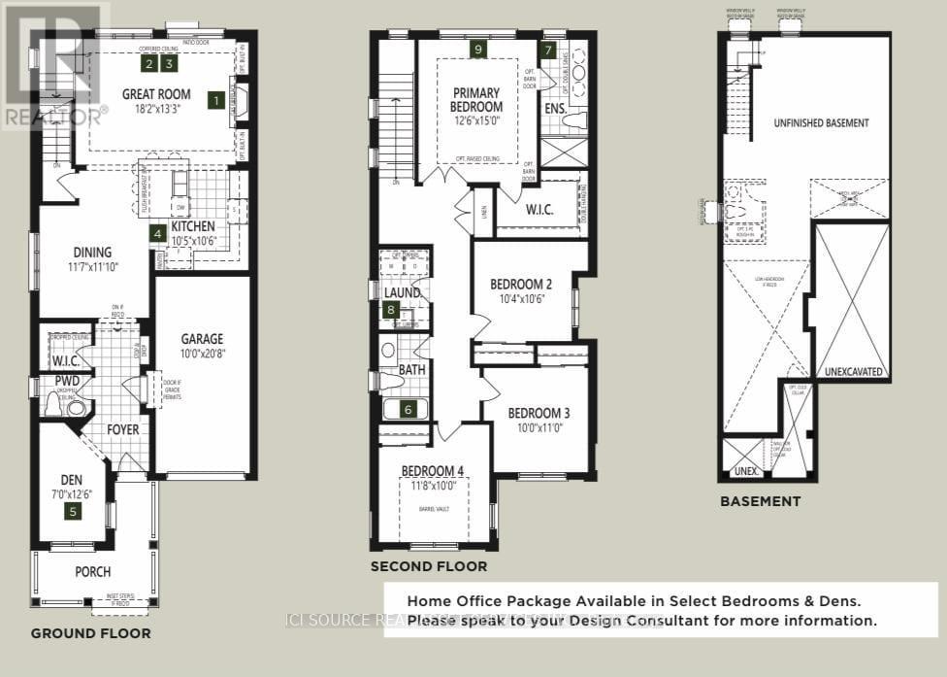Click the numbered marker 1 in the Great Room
215,99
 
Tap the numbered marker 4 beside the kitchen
157,233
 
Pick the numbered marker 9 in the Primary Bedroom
476,50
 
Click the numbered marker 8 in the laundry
391,310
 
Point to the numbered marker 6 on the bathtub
408,410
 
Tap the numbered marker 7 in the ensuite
548,50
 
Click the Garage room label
202,339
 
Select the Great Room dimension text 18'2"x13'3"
156,111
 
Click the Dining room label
92,252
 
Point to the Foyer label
122,429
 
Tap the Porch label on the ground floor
93,572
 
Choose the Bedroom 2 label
521,284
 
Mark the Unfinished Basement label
821,123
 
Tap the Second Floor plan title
428,566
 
